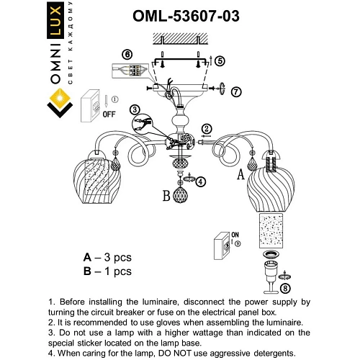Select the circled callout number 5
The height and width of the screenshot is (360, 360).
click(x=220, y=62)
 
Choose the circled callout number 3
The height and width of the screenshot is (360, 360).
click(x=133, y=109)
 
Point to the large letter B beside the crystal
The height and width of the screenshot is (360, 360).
click(x=166, y=195)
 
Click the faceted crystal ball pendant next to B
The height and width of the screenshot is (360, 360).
click(x=179, y=195)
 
